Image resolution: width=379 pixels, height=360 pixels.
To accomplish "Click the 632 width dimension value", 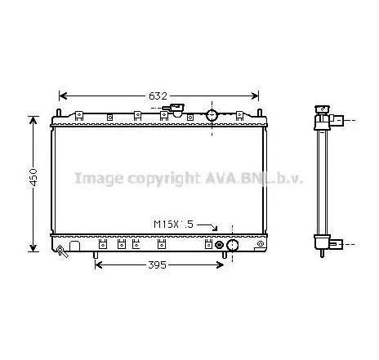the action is click(x=158, y=96).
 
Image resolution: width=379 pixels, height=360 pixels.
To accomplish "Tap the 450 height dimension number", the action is click(x=33, y=177).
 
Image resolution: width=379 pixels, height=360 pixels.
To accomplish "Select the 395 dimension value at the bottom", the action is click(x=157, y=264).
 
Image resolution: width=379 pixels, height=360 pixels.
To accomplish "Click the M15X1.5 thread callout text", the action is click(x=173, y=224).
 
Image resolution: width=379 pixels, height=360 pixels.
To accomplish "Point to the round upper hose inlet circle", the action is click(x=212, y=115).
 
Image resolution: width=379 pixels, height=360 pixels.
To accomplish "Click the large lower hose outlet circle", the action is click(x=232, y=245).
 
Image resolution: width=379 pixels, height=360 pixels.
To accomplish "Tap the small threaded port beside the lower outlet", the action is click(x=219, y=245).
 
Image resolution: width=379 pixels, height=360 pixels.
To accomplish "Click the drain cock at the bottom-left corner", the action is click(x=61, y=251).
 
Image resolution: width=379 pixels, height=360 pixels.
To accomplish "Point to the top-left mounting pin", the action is click(x=58, y=113).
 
